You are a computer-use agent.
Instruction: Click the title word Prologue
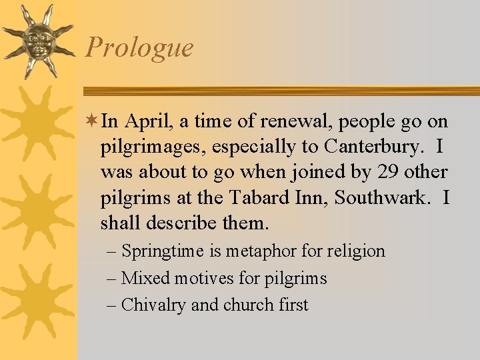pos(139,48)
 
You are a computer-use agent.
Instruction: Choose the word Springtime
pos(163,252)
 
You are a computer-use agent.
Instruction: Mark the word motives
pos(196,278)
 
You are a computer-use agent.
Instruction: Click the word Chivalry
pos(154,305)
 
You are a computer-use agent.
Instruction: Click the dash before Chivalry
pos(112,305)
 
